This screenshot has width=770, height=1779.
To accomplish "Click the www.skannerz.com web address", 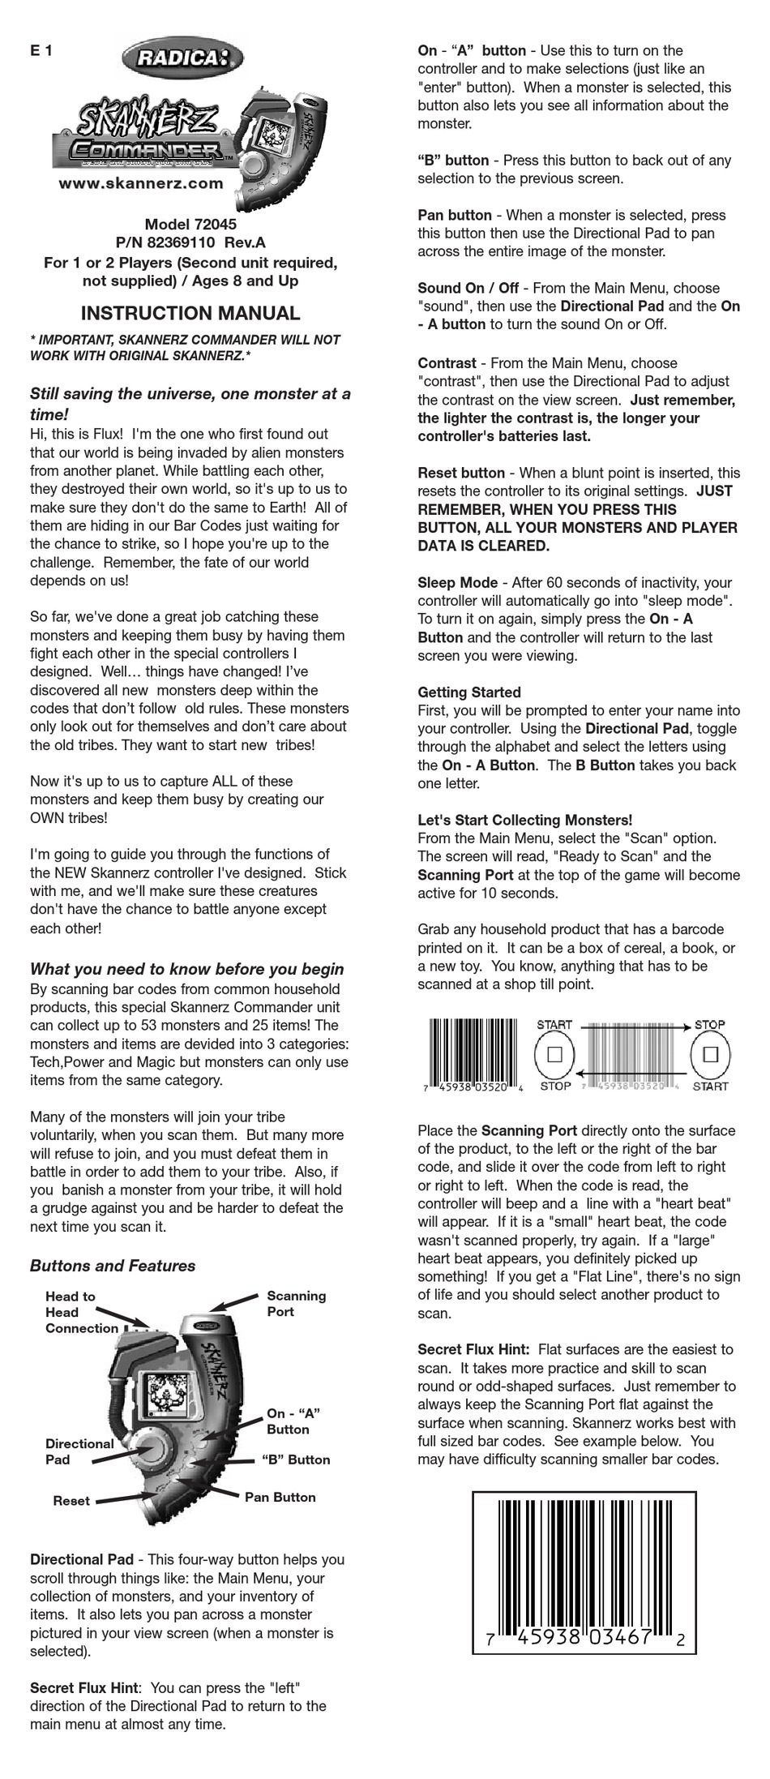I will click(140, 183).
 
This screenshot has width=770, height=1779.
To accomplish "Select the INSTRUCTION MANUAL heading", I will click(190, 313).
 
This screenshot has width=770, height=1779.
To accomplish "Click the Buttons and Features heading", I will click(113, 1266).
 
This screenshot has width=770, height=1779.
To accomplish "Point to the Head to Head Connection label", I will click(81, 1312).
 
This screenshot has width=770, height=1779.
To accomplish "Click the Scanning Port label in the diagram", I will click(296, 1303).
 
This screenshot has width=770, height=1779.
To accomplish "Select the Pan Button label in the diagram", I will click(280, 1497).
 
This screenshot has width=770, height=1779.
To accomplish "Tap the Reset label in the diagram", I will click(71, 1501).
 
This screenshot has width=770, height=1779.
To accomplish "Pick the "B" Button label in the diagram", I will click(296, 1460).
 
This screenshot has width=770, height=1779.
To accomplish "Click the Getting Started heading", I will click(469, 692).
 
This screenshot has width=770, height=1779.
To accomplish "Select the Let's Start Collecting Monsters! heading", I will click(524, 820).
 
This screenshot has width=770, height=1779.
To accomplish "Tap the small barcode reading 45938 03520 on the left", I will click(475, 1055).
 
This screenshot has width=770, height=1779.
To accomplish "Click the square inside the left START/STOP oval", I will click(555, 1055).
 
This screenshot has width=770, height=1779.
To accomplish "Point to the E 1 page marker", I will click(41, 51).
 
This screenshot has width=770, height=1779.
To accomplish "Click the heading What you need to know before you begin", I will click(186, 969).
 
